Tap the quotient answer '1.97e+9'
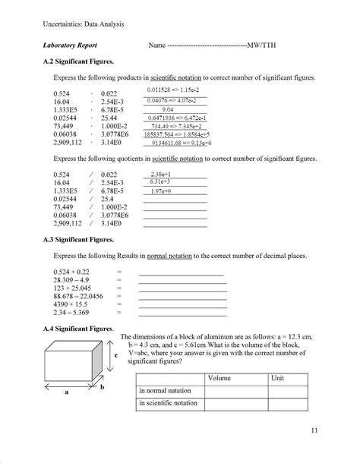click(160, 192)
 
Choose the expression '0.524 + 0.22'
click(71, 271)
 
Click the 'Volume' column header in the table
click(219, 377)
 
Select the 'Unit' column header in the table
click(277, 377)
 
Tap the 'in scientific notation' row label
click(167, 403)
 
